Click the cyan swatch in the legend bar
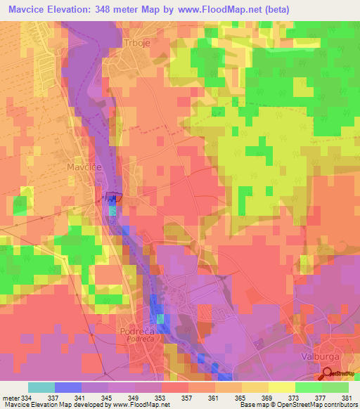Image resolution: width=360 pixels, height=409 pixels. [x=41, y=387]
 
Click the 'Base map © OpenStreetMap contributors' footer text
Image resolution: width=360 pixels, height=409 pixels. [x=298, y=405]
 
